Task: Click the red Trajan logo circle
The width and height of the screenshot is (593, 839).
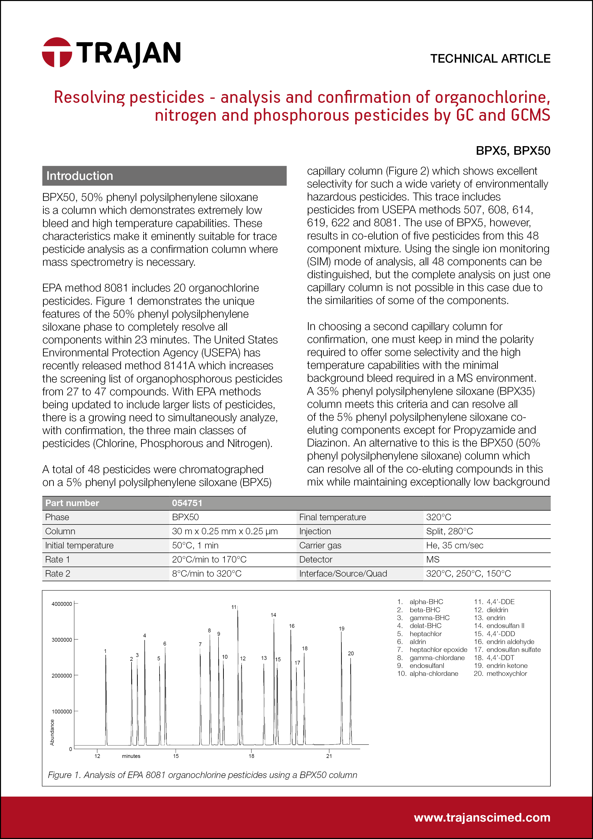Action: pyautogui.click(x=57, y=52)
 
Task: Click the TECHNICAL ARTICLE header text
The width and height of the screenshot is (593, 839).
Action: pyautogui.click(x=490, y=58)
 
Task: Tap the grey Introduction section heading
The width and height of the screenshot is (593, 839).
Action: pyautogui.click(x=164, y=176)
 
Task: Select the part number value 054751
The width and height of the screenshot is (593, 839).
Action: pyautogui.click(x=187, y=503)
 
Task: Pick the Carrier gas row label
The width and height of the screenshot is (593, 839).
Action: pyautogui.click(x=320, y=545)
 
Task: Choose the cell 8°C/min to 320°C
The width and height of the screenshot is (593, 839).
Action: pyautogui.click(x=207, y=574)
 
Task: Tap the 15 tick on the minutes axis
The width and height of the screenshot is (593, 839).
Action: pyautogui.click(x=176, y=756)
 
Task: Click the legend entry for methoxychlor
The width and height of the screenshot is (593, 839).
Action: pyautogui.click(x=506, y=673)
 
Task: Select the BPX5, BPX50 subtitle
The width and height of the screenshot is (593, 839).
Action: pyautogui.click(x=513, y=150)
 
